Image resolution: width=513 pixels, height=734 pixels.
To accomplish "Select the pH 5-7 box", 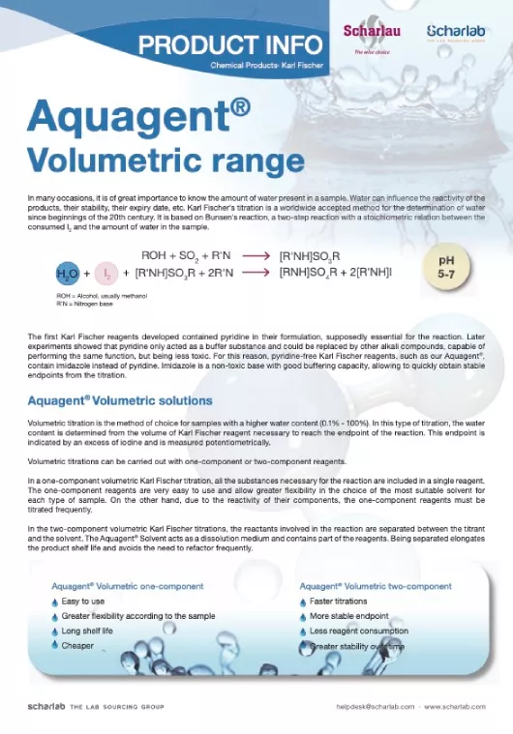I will tap(446, 268).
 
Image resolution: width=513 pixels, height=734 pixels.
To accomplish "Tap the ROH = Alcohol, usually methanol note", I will tap(103, 295).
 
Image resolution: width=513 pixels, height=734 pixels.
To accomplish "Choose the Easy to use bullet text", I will tap(83, 601).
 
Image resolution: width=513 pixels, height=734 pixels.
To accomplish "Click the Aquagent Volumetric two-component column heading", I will tap(376, 585).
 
